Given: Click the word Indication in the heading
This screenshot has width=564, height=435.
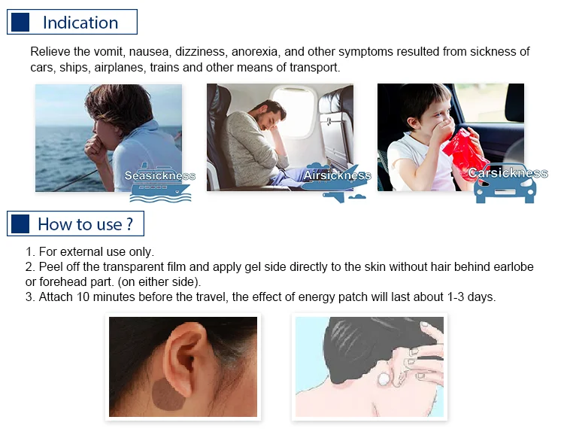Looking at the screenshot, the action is tap(80, 23).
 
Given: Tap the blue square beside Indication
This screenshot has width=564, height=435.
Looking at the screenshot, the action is tap(20, 22).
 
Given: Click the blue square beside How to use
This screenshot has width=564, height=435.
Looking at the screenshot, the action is tap(20, 224).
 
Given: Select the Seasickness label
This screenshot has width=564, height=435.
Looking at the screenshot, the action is tap(159, 175).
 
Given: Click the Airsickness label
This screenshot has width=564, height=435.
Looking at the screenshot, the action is tap(337, 175).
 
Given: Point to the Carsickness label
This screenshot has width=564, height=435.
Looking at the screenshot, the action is tap(508, 173).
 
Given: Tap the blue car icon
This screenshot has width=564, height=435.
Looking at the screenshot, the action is tap(505, 189).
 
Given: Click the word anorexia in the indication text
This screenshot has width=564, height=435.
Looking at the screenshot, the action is tap(254, 51).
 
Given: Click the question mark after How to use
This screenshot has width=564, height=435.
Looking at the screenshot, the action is tap(130, 224).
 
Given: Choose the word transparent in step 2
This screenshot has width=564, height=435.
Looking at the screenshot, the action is tap(144, 267).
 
